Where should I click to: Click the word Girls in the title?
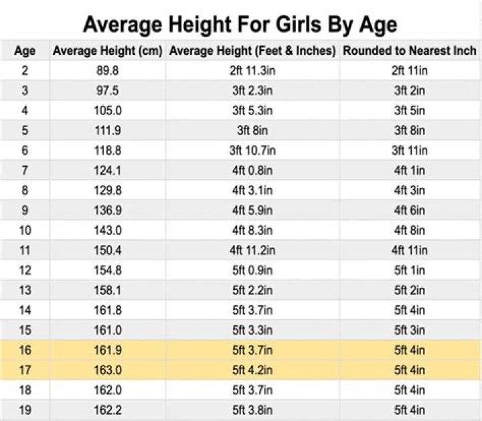click(x=262, y=25)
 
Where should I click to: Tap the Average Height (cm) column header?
click(x=107, y=51)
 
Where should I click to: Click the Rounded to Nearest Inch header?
click(x=410, y=51)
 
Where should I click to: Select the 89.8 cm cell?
click(x=107, y=70)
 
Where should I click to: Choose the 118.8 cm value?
click(x=107, y=150)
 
